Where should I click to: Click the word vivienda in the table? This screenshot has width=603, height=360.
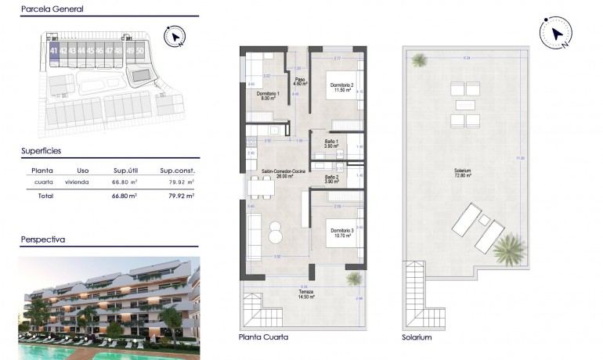click(x=77, y=182)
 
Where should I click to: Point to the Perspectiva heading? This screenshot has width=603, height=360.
click(x=42, y=239)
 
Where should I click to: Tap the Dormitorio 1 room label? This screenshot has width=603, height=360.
click(x=267, y=95)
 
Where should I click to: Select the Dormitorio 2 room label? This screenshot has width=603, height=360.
click(x=341, y=87)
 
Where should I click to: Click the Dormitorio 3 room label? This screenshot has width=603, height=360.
click(x=341, y=232)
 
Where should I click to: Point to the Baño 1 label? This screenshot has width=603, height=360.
click(x=331, y=143)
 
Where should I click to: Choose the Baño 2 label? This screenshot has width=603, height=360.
click(x=331, y=179)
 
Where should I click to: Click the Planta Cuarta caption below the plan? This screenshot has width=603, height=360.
click(x=263, y=337)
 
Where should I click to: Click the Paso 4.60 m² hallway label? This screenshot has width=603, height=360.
click(x=299, y=81)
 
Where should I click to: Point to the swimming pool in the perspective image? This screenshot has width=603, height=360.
click(x=47, y=351)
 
